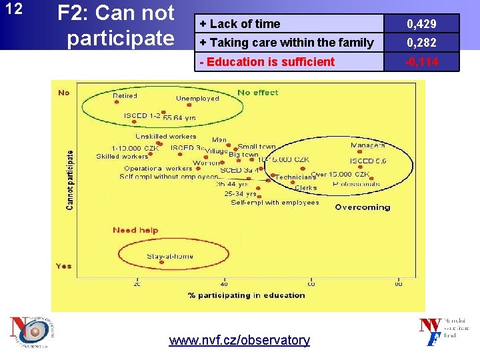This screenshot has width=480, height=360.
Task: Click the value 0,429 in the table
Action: [x=422, y=24]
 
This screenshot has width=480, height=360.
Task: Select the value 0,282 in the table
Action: [x=422, y=43]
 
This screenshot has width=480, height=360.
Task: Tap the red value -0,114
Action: [x=422, y=62]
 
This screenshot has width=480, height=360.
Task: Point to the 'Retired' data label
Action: [x=125, y=96]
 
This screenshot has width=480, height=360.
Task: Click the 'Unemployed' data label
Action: [x=197, y=99]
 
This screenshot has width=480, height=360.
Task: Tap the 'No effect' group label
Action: [x=257, y=93]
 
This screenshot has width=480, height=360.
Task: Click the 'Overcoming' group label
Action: [x=363, y=207]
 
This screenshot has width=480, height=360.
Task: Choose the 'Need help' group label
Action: [x=135, y=231]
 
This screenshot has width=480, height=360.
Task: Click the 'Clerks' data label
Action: [x=306, y=188]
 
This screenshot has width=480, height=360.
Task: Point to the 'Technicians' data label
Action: [x=295, y=177]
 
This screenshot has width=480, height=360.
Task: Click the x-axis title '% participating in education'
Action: [x=246, y=295]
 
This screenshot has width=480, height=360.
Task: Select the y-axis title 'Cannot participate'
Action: [x=70, y=179]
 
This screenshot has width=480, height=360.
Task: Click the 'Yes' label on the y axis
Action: [x=63, y=266]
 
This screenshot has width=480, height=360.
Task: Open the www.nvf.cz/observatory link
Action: [x=239, y=341]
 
